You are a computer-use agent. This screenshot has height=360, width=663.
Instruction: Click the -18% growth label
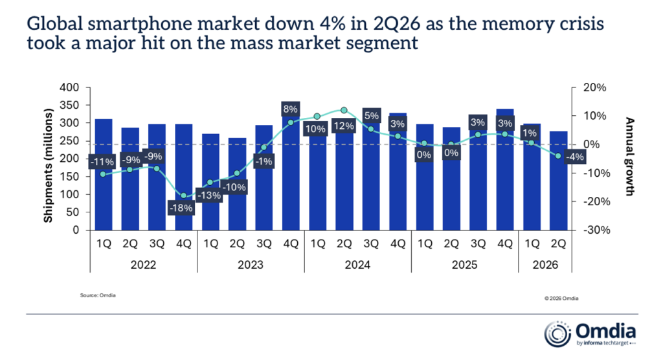[x=181, y=208]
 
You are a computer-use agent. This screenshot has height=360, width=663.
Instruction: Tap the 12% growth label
[x=344, y=126]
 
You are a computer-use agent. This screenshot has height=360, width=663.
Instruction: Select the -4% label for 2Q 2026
[x=575, y=157]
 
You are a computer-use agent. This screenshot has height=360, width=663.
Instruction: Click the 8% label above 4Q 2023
[x=291, y=109]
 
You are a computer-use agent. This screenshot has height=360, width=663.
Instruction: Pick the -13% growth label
[x=209, y=196]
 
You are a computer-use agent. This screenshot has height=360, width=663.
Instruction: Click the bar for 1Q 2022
[x=104, y=175]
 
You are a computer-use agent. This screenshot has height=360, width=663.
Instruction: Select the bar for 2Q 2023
[x=237, y=184]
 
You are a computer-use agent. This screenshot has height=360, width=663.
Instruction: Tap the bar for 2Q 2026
[x=559, y=181]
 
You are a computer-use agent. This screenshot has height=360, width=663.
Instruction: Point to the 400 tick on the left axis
[x=69, y=87]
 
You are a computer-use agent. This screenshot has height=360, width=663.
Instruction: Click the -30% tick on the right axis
[x=596, y=230]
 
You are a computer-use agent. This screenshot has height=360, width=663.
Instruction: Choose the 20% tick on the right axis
[x=594, y=87]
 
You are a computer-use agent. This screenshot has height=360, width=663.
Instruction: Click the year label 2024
[x=357, y=265]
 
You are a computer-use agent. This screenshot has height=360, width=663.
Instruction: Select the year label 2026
[x=545, y=265]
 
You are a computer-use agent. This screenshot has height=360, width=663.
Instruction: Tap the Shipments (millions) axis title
[x=48, y=165]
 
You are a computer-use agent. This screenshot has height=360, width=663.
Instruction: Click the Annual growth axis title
[x=629, y=157]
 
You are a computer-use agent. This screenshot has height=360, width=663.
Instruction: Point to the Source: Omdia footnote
[x=98, y=295]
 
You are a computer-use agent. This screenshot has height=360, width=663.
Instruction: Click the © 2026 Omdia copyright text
[x=561, y=298]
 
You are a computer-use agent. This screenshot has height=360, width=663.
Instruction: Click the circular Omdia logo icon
[x=557, y=333]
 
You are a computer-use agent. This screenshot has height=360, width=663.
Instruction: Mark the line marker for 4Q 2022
[x=183, y=196]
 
